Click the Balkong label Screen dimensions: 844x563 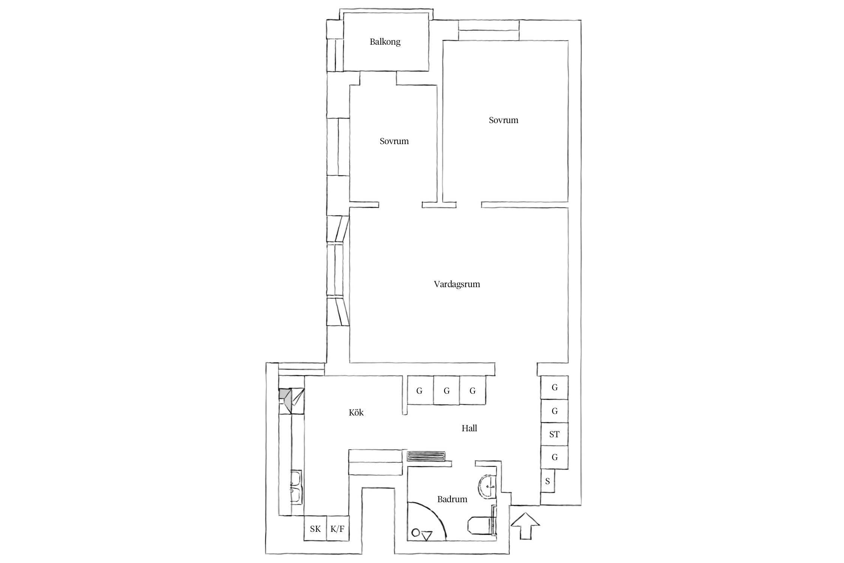[x=385, y=42]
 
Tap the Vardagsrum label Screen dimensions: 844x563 [x=457, y=284]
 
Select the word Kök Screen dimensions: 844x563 [x=356, y=413]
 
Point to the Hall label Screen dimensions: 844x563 [x=469, y=428]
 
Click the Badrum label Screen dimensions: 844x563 [x=452, y=499]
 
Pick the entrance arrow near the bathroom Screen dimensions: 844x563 [x=525, y=526]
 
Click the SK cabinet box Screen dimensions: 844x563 [x=315, y=529]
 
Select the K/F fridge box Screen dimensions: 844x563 [x=338, y=529]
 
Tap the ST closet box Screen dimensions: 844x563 [x=554, y=434]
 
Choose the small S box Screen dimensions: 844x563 [x=548, y=481]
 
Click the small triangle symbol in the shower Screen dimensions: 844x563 [x=427, y=536]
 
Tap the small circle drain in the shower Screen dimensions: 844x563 [x=415, y=532]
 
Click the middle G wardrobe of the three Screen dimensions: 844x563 [x=446, y=391]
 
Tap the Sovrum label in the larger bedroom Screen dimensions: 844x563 [x=503, y=120]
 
